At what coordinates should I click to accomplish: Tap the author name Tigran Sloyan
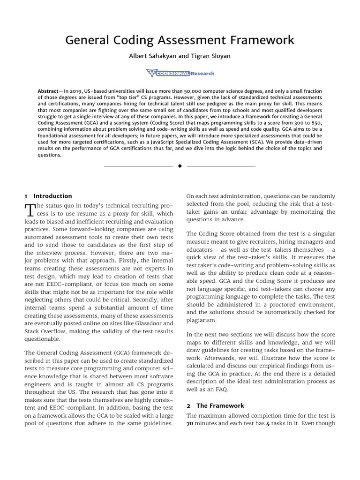click(211, 56)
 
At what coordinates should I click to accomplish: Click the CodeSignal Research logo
click(180, 73)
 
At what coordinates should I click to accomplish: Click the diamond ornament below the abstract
click(180, 166)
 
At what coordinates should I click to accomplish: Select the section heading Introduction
click(52, 196)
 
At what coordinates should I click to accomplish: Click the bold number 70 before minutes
click(190, 424)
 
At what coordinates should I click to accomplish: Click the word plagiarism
click(202, 320)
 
